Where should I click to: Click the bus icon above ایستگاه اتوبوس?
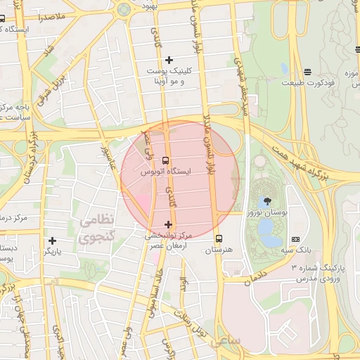click(x=165, y=160)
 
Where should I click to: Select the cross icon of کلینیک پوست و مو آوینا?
click(x=169, y=60)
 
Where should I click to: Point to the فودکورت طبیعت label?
click(x=307, y=83)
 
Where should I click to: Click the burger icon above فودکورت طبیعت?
click(x=307, y=72)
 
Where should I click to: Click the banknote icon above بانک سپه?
click(x=295, y=240)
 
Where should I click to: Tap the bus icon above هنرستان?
click(x=219, y=238)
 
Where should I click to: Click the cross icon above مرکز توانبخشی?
click(x=167, y=225)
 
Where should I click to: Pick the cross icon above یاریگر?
click(x=52, y=240)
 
